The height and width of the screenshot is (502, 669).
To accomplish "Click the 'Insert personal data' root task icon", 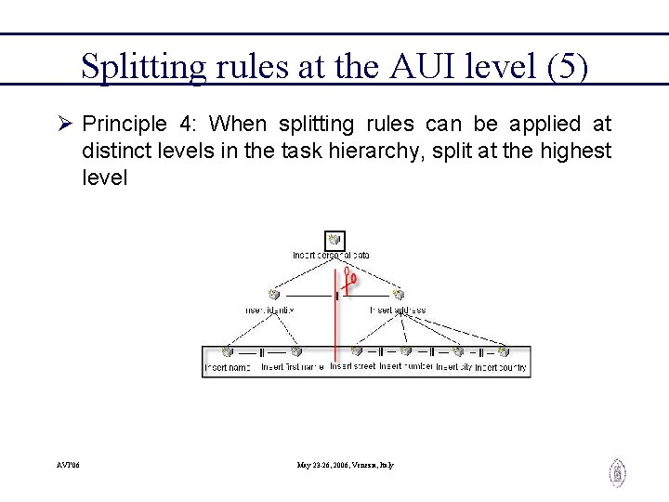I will coord(334,241).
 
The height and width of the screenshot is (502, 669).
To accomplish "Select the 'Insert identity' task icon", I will coord(272,295).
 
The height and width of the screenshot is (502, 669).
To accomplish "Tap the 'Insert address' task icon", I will coord(399,295).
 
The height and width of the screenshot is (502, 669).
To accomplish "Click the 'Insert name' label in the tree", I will coord(228,368).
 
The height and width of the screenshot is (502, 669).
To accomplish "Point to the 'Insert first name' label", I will coord(293,368).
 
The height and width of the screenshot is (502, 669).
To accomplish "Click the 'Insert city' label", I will coord(453,368).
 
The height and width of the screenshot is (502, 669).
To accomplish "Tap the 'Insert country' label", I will coord(502,368).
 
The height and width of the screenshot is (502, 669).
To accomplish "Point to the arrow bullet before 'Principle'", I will coord(64,124).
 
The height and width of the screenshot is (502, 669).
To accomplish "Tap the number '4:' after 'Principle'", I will coord(191,124).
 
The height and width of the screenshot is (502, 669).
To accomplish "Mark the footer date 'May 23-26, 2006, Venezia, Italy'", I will coord(346,465).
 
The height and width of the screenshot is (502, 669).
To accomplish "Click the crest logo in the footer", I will coord(617,473).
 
